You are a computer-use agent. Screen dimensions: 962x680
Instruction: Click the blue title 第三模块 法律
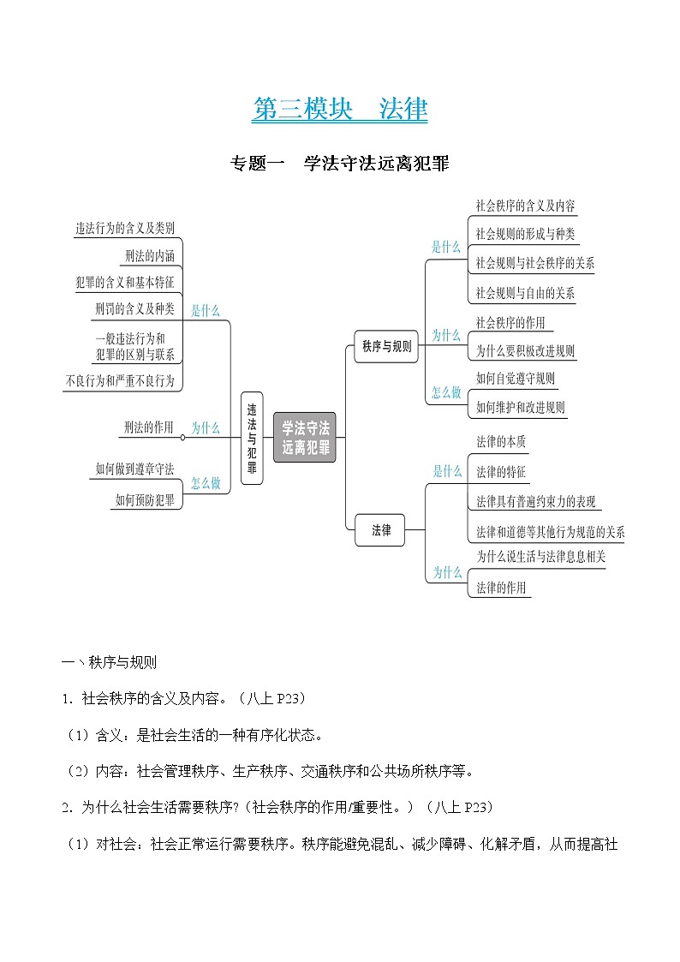tap(340, 110)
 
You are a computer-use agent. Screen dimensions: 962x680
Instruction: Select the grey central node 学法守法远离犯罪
tap(306, 438)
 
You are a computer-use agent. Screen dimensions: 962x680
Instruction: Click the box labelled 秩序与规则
tap(386, 347)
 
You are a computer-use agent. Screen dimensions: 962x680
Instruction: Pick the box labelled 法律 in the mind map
tap(381, 530)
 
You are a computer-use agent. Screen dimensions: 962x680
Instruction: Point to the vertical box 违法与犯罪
tap(252, 438)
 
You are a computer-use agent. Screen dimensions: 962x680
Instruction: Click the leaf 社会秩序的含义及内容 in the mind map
tap(525, 206)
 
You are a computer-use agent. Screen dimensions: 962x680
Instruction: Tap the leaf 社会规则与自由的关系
tap(525, 293)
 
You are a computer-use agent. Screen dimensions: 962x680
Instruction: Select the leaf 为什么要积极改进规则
tap(525, 351)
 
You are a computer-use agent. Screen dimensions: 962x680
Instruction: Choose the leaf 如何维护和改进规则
tap(520, 407)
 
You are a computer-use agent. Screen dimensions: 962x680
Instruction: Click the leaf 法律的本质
tap(501, 442)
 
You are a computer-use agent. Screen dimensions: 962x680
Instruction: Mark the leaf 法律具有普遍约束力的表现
tap(535, 502)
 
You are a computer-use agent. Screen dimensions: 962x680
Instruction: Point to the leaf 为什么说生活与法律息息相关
tap(540, 557)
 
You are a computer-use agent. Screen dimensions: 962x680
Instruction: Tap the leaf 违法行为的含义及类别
tap(125, 228)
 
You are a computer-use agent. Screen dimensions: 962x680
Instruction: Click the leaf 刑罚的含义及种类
tap(134, 308)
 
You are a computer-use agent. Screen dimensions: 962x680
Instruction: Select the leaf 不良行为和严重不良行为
tap(120, 381)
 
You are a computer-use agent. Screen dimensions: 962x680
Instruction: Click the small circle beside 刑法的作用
tap(182, 437)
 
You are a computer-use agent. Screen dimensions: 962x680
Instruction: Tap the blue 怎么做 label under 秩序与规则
tap(446, 392)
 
